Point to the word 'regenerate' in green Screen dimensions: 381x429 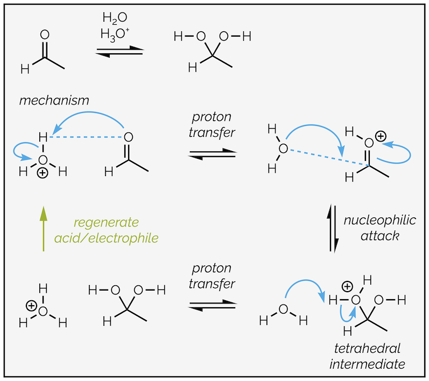[x=107, y=222]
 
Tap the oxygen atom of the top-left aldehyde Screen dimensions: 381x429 [x=45, y=36]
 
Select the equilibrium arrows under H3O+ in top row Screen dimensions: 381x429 [x=120, y=52]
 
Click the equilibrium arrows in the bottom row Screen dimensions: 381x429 [x=212, y=305]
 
